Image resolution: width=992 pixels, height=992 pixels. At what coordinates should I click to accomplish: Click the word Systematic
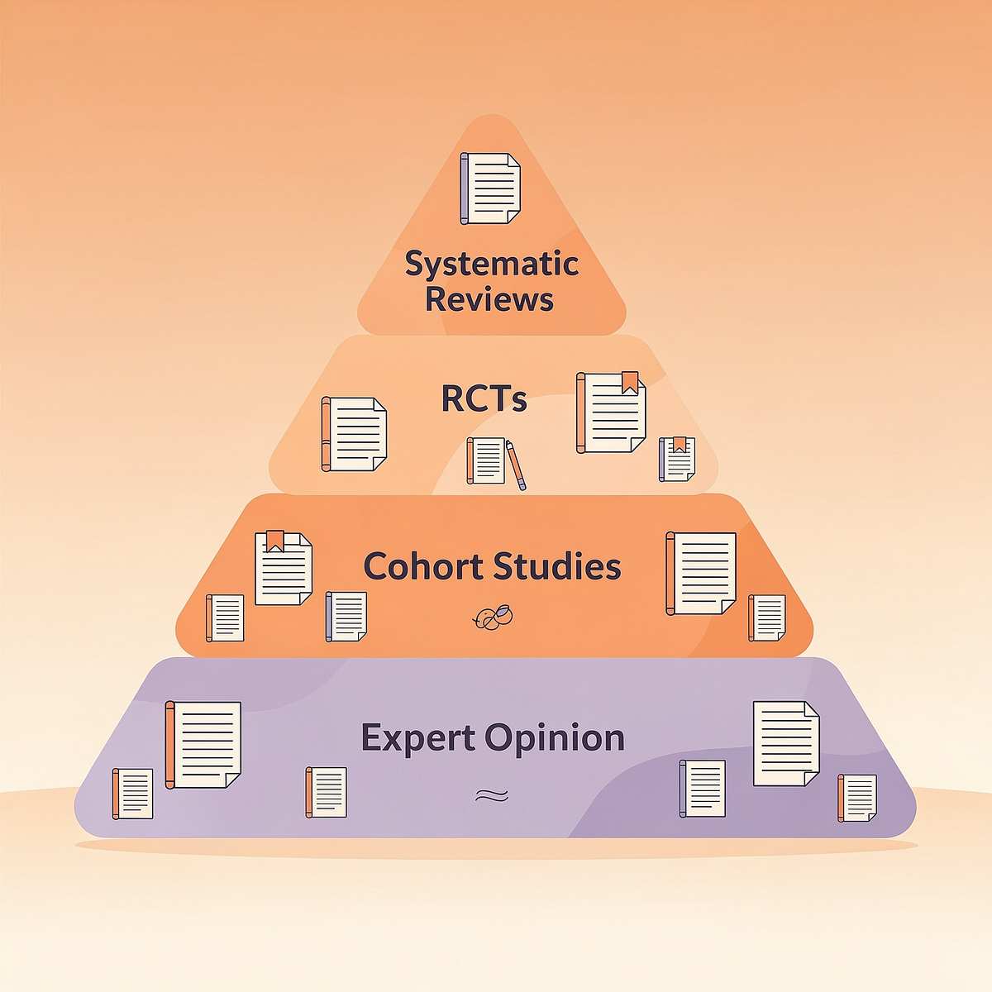point(492,264)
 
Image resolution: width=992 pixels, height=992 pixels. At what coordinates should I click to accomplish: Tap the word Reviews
point(489,298)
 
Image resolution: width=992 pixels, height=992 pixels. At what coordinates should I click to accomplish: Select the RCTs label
point(484,399)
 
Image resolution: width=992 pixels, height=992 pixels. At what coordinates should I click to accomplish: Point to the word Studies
point(557,565)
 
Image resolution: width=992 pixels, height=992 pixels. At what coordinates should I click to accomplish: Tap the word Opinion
point(556,738)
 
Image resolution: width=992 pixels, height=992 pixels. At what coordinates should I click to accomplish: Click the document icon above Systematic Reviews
point(490,188)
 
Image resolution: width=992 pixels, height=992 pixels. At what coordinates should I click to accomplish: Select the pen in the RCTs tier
point(516,465)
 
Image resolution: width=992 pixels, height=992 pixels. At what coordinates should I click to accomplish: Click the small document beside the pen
point(486,460)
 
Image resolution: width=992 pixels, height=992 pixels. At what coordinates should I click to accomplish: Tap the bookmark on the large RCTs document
point(630,382)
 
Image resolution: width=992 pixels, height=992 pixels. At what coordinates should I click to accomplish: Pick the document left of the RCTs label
point(354,434)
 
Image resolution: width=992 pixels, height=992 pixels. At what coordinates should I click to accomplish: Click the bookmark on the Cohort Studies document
point(275,541)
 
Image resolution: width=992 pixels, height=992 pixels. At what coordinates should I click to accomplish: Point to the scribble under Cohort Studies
point(493,618)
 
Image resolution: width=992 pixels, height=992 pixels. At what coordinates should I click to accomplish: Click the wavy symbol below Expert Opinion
point(492,796)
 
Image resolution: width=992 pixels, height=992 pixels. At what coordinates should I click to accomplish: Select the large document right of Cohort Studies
point(701,574)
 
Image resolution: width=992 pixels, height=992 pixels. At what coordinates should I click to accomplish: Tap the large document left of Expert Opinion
point(203,745)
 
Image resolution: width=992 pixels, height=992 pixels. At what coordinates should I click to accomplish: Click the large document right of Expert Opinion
point(786,743)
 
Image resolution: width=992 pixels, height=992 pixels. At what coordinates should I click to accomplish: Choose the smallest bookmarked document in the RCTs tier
point(677,459)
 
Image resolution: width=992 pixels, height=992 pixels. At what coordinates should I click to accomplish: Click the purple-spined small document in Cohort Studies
point(346,617)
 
